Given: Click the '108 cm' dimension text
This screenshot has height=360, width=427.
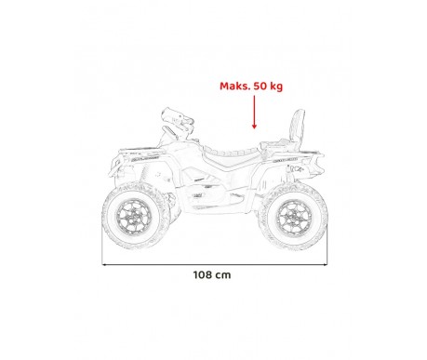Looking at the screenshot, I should tap(212, 276).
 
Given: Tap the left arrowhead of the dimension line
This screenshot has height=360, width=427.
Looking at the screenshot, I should tap(105, 263).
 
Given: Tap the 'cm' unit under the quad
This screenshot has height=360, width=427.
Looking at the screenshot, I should tap(224, 276).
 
